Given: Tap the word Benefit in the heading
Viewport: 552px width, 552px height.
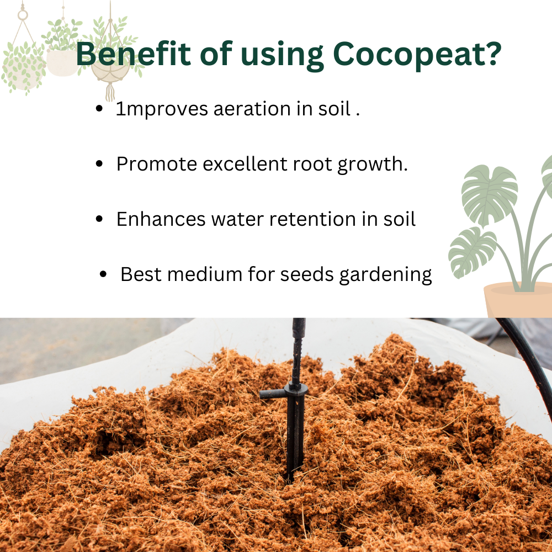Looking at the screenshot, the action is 133,54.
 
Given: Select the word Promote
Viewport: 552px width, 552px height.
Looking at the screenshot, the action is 156,164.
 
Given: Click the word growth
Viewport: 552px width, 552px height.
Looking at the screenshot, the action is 373,164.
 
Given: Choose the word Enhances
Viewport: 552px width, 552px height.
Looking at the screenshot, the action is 161,219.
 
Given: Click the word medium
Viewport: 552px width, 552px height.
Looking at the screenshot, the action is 205,274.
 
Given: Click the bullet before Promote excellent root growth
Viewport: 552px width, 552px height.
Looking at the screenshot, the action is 99,164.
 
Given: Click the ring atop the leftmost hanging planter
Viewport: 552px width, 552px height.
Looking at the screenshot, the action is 23,15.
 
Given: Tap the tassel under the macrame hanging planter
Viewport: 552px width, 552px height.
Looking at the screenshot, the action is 110,91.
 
